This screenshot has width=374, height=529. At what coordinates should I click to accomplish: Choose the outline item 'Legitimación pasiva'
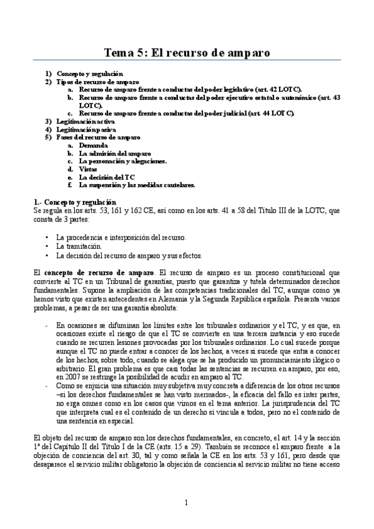point(82,129)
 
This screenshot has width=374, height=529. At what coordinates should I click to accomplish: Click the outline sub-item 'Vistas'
point(88,168)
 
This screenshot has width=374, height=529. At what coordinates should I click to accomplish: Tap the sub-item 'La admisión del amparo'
point(114,153)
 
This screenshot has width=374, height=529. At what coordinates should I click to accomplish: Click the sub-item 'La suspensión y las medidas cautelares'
point(137,185)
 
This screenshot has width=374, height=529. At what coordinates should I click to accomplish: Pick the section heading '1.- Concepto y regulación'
point(74,202)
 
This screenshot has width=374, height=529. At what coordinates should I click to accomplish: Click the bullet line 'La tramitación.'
point(79,246)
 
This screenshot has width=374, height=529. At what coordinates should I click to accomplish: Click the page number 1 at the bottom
point(186,502)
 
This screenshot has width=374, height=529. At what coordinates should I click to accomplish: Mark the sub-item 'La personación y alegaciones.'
point(122,161)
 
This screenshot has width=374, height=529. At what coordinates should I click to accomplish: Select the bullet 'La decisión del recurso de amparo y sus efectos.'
point(129,255)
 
